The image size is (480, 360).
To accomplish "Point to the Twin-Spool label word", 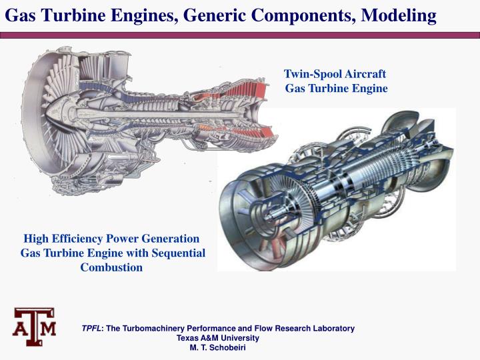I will coord(312,74).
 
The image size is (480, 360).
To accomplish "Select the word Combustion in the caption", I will coord(111,267).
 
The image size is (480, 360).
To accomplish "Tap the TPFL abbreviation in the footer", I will coord(91,329).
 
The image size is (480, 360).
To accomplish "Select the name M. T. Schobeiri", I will coord(217,347).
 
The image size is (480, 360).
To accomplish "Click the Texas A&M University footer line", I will coord(217,338).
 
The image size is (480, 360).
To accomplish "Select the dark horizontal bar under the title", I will coord(240,33).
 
